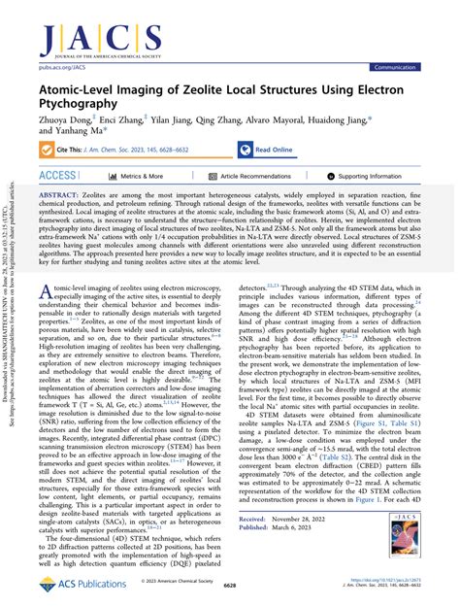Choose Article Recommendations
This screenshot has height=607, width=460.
[x=255, y=177]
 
